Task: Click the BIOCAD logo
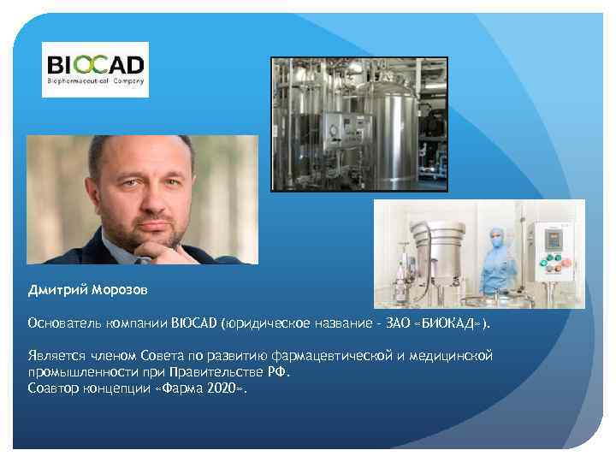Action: [95, 69]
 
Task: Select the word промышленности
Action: [78, 372]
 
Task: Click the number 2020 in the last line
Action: [221, 388]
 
